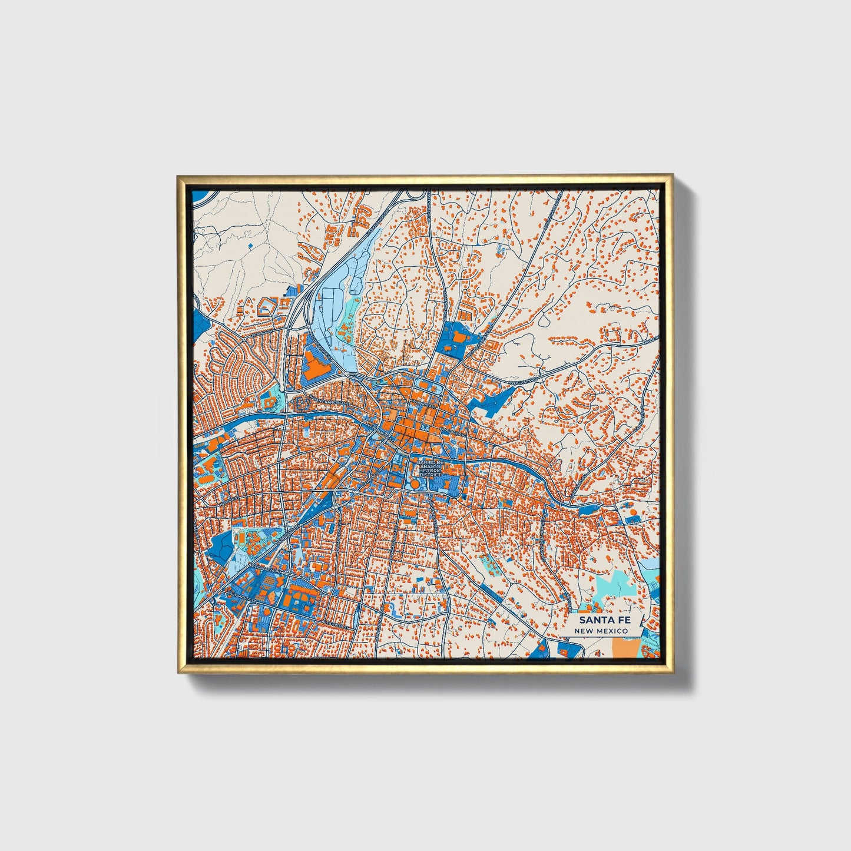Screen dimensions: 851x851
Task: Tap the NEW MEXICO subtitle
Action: (601, 631)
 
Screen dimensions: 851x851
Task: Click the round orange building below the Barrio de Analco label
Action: (415, 484)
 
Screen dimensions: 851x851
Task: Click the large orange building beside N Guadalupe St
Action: (317, 367)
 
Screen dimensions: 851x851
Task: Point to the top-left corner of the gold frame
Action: (177, 175)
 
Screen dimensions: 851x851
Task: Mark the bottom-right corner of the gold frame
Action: (673, 673)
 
